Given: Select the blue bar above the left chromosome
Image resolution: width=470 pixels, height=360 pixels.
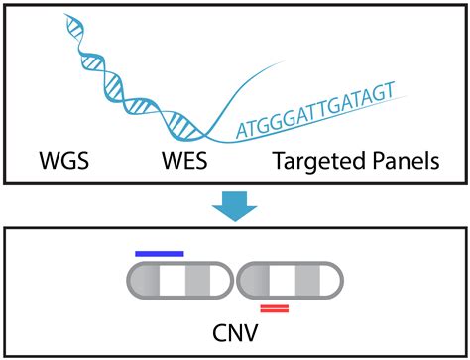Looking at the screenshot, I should tap(159, 254).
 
